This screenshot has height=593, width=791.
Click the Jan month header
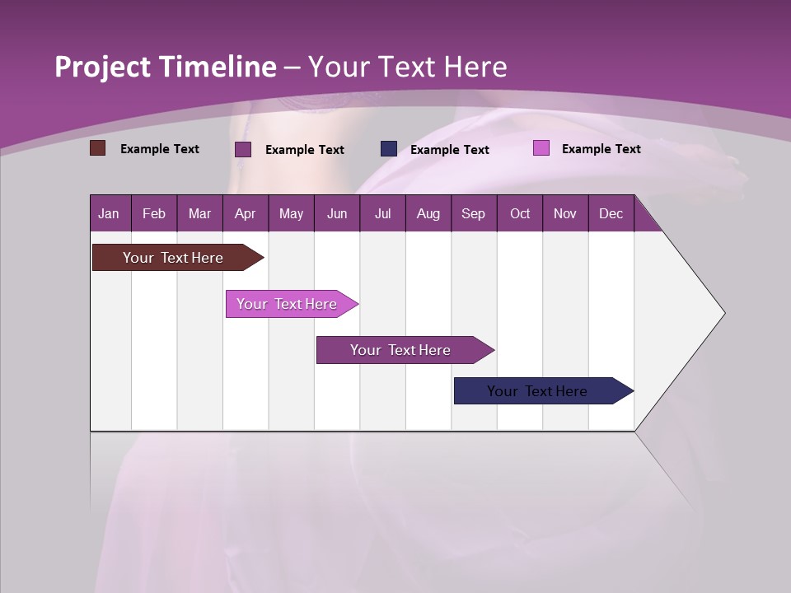109,214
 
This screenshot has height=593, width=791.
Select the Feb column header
154,214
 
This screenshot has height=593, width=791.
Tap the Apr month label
245,214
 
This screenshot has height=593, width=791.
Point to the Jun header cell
337,214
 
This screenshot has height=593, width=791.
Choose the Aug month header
428,214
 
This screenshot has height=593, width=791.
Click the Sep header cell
473,214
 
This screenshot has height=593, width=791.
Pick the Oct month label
520,214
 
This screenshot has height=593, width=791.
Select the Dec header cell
611,214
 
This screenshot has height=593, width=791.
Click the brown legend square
97,148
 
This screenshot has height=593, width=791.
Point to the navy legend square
389,148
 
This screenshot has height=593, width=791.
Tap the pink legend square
541,148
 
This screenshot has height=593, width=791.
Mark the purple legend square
243,149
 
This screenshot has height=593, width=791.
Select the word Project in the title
103,67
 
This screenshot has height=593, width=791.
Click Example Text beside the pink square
601,149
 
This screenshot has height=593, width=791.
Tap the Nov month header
565,214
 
